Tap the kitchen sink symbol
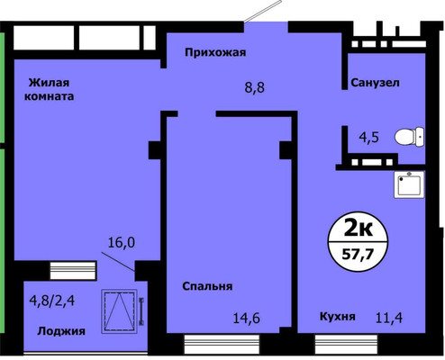(x=410, y=184)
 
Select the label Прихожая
(x=215, y=52)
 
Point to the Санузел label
(x=375, y=83)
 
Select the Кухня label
(x=339, y=317)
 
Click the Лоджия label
(x=60, y=331)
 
